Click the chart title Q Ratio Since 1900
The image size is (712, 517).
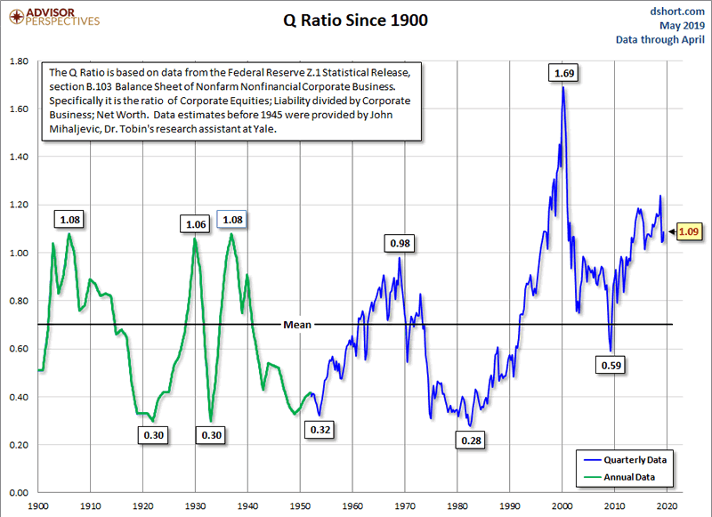coord(356,19)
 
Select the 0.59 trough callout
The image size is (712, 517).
coord(612,364)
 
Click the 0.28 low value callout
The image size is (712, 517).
coord(471,440)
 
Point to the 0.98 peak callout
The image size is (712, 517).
coord(400,242)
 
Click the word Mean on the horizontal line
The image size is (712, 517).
coord(297,325)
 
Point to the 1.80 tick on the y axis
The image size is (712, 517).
coord(16,61)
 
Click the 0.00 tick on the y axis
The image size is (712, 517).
coord(16,492)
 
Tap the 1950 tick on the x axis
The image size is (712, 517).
coord(299,505)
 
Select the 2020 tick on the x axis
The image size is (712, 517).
coord(667,505)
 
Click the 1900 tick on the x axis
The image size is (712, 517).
coord(37,505)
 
